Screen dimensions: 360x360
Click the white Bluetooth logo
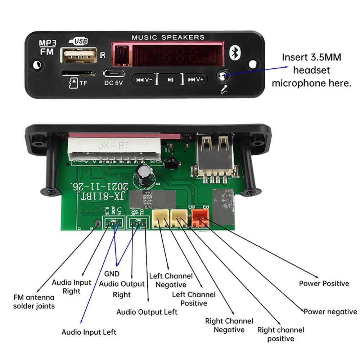click(x=236, y=54)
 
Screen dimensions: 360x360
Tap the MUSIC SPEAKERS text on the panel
click(x=168, y=37)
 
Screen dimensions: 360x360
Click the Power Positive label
click(x=324, y=284)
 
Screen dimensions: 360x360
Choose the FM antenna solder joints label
click(x=34, y=302)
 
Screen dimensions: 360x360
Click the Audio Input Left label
click(x=89, y=332)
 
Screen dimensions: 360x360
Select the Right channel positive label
click(x=280, y=334)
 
